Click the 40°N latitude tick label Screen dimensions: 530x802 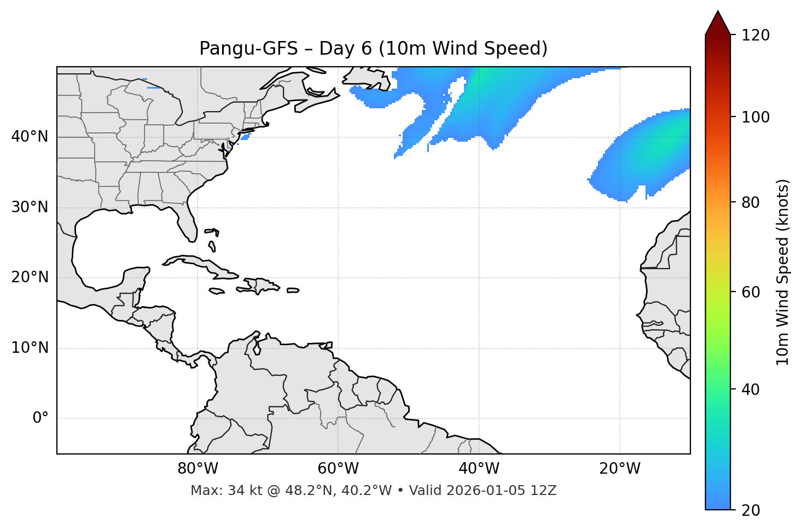(x=30, y=137)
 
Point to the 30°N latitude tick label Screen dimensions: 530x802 (x=30, y=207)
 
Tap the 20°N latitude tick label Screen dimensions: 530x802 (x=30, y=277)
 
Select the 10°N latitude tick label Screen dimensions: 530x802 (x=30, y=348)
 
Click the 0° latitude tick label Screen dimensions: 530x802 (x=40, y=418)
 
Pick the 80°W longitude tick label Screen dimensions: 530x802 (x=197, y=469)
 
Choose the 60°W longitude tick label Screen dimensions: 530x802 (x=338, y=469)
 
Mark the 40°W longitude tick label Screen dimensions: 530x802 (x=479, y=469)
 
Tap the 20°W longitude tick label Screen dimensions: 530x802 (x=620, y=469)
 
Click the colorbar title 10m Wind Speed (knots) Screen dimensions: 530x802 (x=783, y=272)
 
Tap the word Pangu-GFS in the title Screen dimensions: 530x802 (x=248, y=49)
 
